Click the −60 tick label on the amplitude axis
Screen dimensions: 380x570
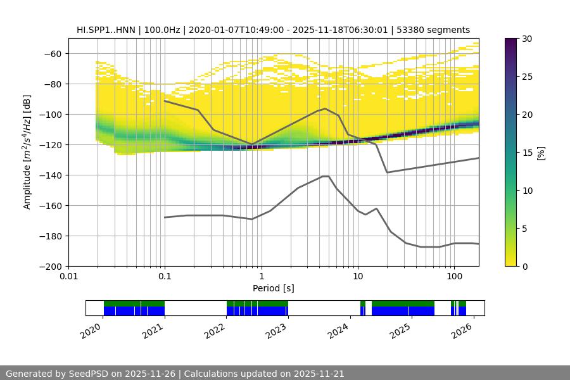click(51, 54)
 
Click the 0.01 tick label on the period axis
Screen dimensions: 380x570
click(68, 277)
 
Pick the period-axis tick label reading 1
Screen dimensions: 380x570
click(261, 277)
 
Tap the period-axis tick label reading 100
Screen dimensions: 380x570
click(453, 277)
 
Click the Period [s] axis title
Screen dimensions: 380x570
click(273, 288)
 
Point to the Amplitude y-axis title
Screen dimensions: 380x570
click(27, 152)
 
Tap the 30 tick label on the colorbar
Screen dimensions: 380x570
click(527, 39)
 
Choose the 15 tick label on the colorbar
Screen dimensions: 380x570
click(527, 153)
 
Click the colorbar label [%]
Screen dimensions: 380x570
click(541, 153)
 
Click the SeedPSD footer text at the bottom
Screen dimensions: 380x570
click(175, 374)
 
